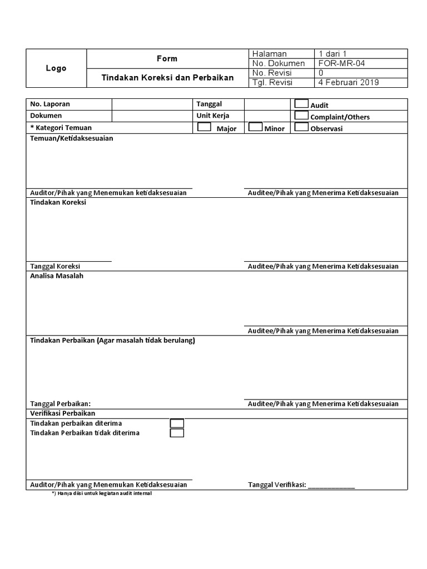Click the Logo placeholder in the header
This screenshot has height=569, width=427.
coord(56,68)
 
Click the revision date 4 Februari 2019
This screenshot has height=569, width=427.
coord(348,82)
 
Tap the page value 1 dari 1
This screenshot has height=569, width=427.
coord(332,54)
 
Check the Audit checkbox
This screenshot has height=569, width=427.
coord(301,103)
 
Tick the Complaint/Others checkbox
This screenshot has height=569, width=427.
coord(301,116)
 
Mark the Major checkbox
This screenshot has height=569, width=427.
coord(204,127)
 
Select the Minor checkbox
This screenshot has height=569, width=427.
coord(255,127)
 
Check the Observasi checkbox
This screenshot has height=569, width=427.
coord(301,127)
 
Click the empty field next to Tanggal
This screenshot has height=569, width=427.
coord(267,104)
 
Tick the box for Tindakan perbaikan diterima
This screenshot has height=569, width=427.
coord(177,423)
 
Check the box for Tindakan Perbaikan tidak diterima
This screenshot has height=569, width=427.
coord(177,433)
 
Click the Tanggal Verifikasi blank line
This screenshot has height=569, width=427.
coord(331,485)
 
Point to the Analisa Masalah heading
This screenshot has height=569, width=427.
coord(57,276)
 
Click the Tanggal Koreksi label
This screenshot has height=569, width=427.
coord(55,266)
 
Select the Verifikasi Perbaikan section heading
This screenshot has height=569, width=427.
coord(62,413)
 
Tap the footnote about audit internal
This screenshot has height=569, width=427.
coord(101,493)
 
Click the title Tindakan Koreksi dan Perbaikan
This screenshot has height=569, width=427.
coord(167,78)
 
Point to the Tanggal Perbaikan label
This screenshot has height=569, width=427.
coord(60,404)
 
